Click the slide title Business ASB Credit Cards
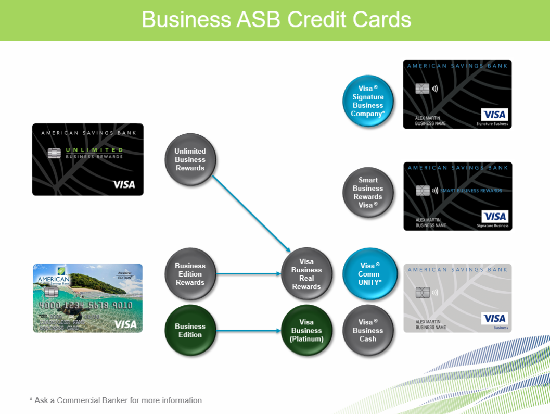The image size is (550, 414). [x=276, y=20]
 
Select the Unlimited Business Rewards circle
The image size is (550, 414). [x=190, y=160]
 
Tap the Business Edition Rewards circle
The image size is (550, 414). [x=190, y=274]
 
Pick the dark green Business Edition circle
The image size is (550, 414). [x=190, y=331]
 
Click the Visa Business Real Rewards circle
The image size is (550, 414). [x=306, y=274]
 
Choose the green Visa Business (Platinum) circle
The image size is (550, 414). [x=306, y=331]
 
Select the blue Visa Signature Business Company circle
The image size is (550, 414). [x=368, y=101]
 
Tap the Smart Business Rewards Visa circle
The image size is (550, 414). [x=368, y=193]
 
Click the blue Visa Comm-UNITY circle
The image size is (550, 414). [x=368, y=274]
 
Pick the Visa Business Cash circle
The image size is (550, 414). [x=368, y=331]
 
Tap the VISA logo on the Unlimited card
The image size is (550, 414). [x=124, y=184]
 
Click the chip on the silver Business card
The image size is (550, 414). [x=423, y=293]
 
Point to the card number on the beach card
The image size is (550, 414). [x=85, y=305]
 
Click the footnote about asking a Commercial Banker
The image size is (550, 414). [x=116, y=400]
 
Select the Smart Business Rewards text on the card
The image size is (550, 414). [x=471, y=191]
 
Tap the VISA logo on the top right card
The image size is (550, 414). [x=494, y=115]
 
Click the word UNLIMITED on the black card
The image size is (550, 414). [x=94, y=150]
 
